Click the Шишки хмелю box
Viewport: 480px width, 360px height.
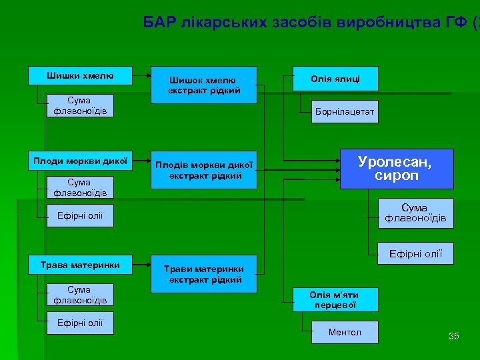tap(80, 75)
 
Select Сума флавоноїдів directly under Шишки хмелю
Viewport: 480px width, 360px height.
tap(80, 105)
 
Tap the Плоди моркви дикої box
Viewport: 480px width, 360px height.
tap(80, 160)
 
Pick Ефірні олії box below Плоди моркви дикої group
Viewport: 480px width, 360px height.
tap(80, 215)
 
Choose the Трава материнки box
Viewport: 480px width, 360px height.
tap(80, 265)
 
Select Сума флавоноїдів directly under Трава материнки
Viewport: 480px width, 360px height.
tap(80, 295)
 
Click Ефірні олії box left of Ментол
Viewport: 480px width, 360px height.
tap(80, 323)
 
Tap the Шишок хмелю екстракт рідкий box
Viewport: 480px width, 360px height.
tap(203, 85)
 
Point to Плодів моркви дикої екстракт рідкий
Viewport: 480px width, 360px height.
tap(203, 170)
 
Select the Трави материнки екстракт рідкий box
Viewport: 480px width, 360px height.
tap(203, 274)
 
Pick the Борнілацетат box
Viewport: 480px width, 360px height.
tap(345, 113)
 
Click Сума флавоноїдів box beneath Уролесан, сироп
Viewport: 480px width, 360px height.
tap(415, 213)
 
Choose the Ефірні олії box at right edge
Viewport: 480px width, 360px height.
tap(415, 253)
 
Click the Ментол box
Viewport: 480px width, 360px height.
tap(345, 332)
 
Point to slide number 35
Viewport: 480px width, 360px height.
tap(453, 336)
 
